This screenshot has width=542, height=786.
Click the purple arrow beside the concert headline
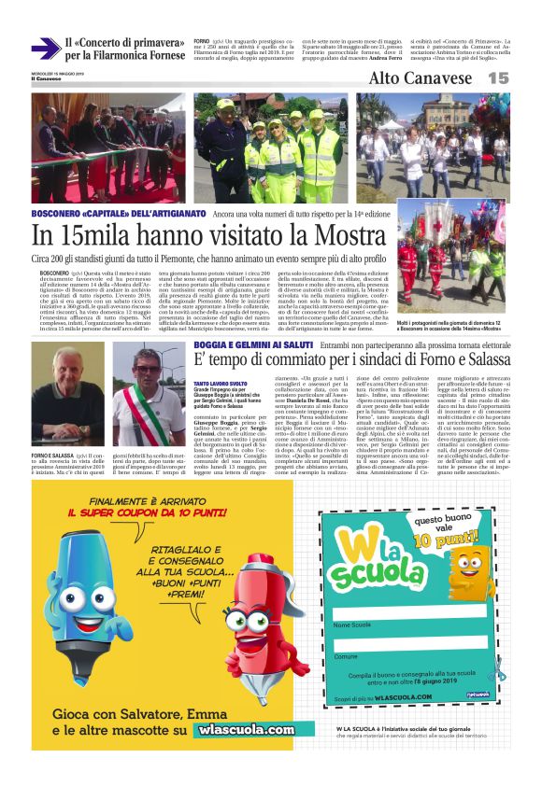(x=44, y=48)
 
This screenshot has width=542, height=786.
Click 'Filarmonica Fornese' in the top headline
(x=138, y=55)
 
